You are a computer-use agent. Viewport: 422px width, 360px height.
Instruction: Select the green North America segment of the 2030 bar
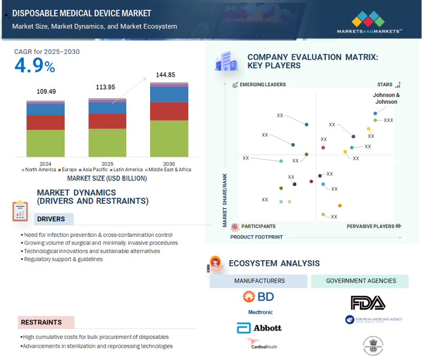coord(169,138)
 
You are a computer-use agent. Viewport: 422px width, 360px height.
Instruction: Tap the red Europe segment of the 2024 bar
coord(45,122)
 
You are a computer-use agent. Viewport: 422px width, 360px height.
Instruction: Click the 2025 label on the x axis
coord(107,164)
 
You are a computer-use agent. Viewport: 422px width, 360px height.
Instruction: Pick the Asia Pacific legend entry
coord(93,170)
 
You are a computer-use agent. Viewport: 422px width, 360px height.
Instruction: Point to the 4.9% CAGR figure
coord(35,66)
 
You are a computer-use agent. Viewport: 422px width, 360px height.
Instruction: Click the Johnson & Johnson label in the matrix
coord(386,98)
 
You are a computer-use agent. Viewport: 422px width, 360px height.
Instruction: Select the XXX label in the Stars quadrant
coord(388,120)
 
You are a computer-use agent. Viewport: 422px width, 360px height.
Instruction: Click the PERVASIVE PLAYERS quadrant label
coord(370,226)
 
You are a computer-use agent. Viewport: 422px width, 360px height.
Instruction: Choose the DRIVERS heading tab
coord(51,219)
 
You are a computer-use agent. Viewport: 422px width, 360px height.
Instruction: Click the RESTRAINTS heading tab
coord(41,322)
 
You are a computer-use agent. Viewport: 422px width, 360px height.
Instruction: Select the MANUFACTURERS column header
coord(259,281)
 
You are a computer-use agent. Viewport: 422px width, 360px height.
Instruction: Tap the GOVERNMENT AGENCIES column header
coord(361,281)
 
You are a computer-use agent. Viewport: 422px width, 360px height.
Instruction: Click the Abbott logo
coord(259,328)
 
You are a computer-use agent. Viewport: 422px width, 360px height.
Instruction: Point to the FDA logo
coord(368,302)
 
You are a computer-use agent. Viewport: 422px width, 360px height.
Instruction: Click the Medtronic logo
coord(260,312)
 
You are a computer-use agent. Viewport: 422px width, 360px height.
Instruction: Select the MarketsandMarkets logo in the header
coord(369,23)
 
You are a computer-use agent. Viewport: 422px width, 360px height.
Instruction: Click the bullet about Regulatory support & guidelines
coord(63,259)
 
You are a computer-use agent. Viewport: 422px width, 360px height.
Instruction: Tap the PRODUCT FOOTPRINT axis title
coord(257,237)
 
